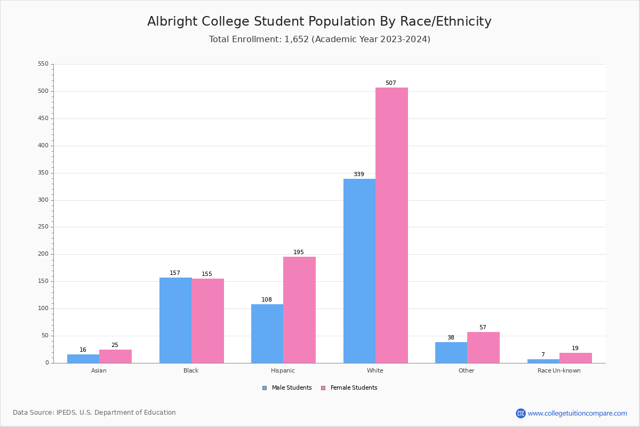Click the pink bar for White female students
(391, 225)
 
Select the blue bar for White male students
(359, 271)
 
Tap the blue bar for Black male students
(175, 320)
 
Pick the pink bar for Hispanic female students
(299, 310)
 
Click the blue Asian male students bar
(83, 359)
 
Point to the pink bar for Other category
(483, 347)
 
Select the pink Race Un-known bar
(575, 358)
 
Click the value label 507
(391, 83)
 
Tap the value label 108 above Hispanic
(267, 300)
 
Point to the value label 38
(451, 338)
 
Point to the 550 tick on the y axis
(43, 64)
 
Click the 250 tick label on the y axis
(43, 227)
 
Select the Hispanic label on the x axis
(283, 370)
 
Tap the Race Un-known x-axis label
(559, 370)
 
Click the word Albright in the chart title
(172, 22)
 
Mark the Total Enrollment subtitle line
(319, 39)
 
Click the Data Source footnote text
(94, 413)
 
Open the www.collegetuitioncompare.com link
(577, 413)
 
